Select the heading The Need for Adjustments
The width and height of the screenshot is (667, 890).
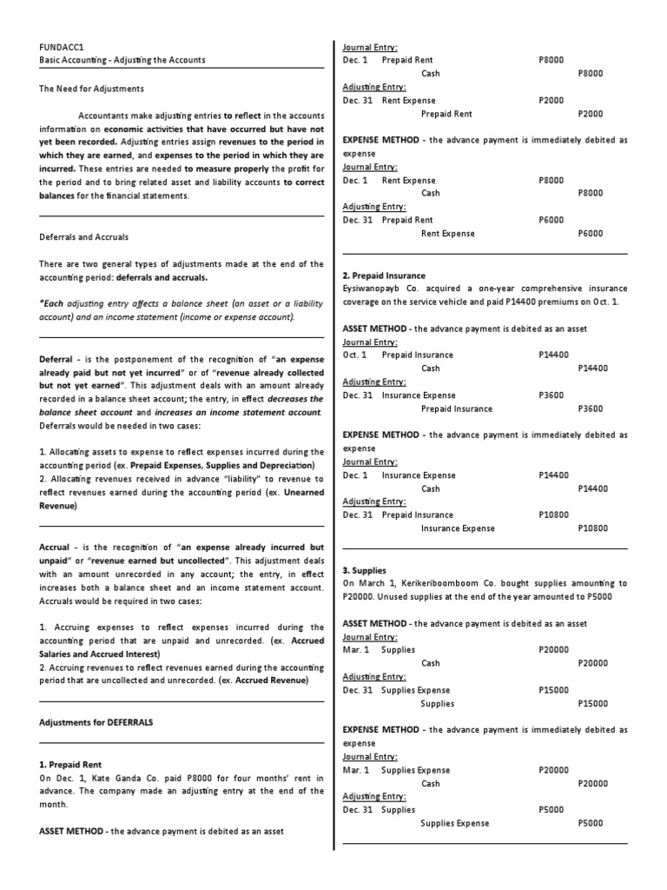92,88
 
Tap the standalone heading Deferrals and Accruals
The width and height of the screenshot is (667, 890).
84,236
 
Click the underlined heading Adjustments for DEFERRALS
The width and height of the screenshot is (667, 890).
97,721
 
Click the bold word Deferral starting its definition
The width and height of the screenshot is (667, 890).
57,359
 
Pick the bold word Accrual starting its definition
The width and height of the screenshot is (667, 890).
56,547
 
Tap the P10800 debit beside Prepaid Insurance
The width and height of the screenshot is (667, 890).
553,515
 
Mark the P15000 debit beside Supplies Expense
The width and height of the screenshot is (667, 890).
553,690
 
